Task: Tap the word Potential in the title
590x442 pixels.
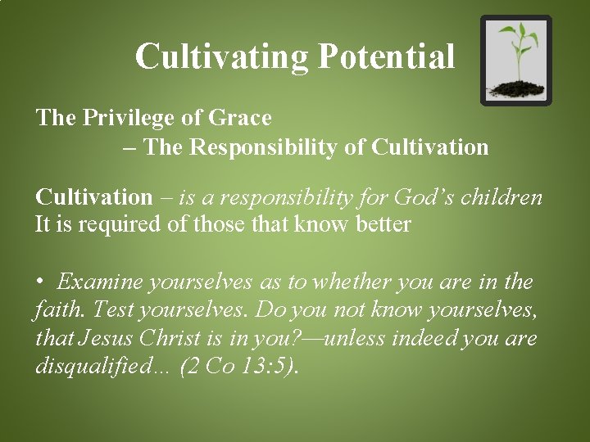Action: (385, 56)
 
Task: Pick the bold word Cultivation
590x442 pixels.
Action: (93, 197)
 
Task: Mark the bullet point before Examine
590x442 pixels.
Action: (40, 282)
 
